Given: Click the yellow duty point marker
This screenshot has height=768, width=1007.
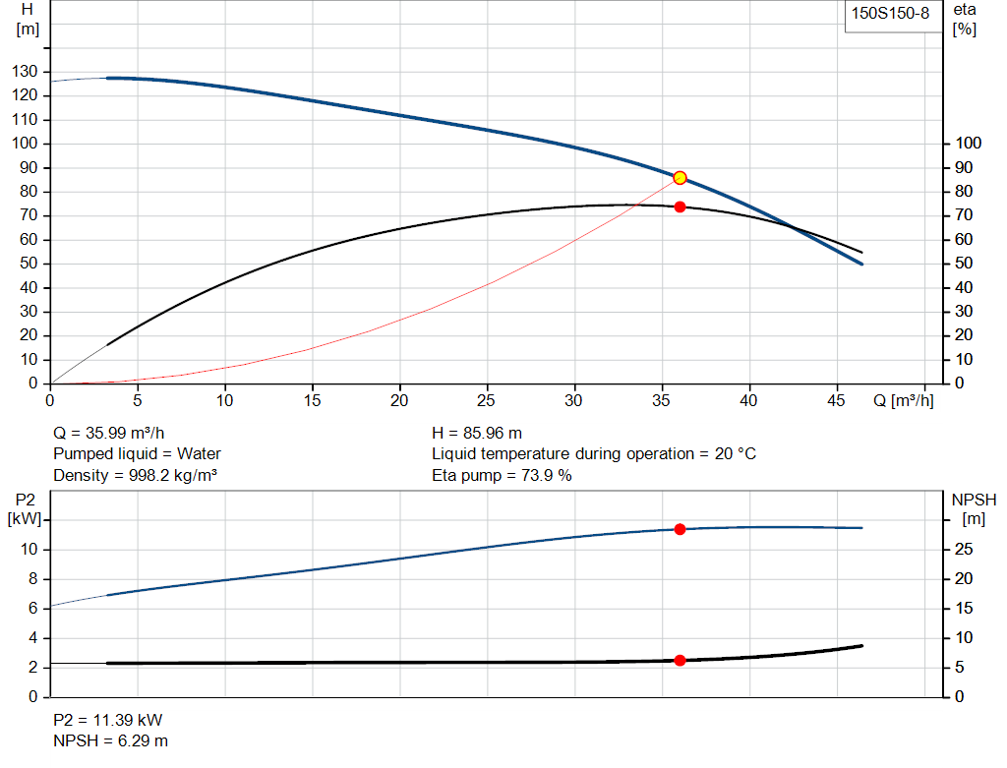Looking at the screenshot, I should click(680, 178).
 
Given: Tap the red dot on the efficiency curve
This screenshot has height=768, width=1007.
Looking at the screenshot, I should click(680, 207).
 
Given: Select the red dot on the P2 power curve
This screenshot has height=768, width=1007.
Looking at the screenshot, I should click(680, 529).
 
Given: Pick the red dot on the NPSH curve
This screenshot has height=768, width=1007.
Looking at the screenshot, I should click(680, 660).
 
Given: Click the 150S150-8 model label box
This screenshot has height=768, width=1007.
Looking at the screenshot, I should click(889, 15).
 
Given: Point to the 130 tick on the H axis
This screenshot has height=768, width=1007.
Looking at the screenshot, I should click(28, 72).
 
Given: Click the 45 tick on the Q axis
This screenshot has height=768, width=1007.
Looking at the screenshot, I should click(837, 400).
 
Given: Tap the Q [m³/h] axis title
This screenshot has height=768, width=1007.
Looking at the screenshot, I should click(902, 400).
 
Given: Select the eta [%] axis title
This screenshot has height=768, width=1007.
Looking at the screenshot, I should click(965, 19).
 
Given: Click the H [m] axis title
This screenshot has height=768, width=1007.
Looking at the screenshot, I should click(28, 19).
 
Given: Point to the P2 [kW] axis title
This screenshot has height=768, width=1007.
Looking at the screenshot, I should click(25, 508).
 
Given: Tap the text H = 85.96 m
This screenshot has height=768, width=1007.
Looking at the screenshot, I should click(477, 433).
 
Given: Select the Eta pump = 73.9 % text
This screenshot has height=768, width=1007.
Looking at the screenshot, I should click(502, 476).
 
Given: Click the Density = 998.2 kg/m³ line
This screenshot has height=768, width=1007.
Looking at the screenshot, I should click(135, 476).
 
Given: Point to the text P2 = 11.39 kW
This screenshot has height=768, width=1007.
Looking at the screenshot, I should click(107, 719).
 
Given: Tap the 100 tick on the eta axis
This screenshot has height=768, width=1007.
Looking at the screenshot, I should click(969, 144).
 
